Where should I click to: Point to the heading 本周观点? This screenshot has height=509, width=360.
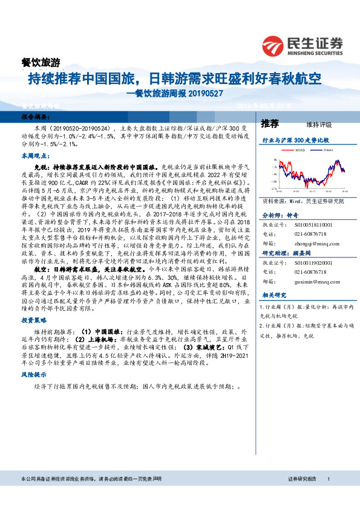34,156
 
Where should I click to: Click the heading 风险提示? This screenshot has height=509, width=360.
34,375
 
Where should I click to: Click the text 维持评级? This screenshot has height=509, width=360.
319,125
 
